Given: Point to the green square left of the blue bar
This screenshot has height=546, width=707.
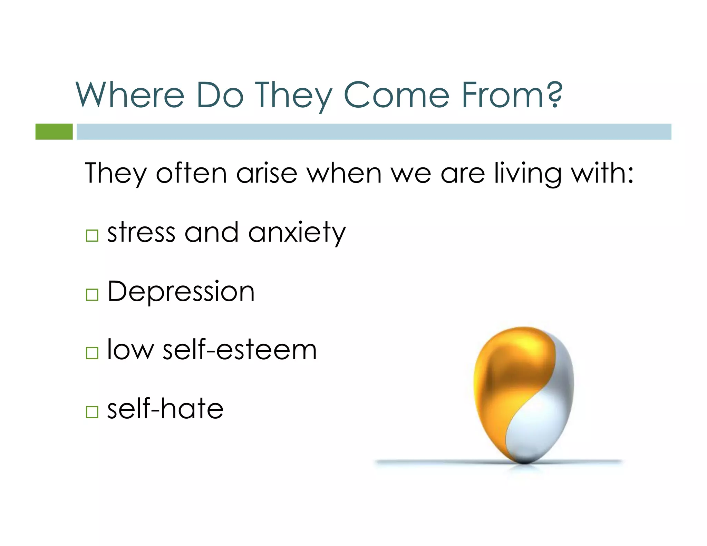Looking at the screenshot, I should pos(54,131).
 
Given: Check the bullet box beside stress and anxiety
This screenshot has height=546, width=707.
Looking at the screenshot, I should pos(92,236).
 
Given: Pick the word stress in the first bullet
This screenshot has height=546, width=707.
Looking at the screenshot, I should pos(141,233).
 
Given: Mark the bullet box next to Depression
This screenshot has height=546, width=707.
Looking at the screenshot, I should pos(92,295).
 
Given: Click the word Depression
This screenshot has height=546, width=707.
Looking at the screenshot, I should pos(181,292).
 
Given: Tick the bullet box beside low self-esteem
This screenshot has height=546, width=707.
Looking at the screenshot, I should pos(92,353).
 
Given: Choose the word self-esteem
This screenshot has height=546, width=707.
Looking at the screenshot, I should pos(240,350).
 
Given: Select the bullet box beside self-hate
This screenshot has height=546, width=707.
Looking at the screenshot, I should pos(92,412).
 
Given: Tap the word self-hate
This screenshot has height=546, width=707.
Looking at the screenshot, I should pos(165,409).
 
